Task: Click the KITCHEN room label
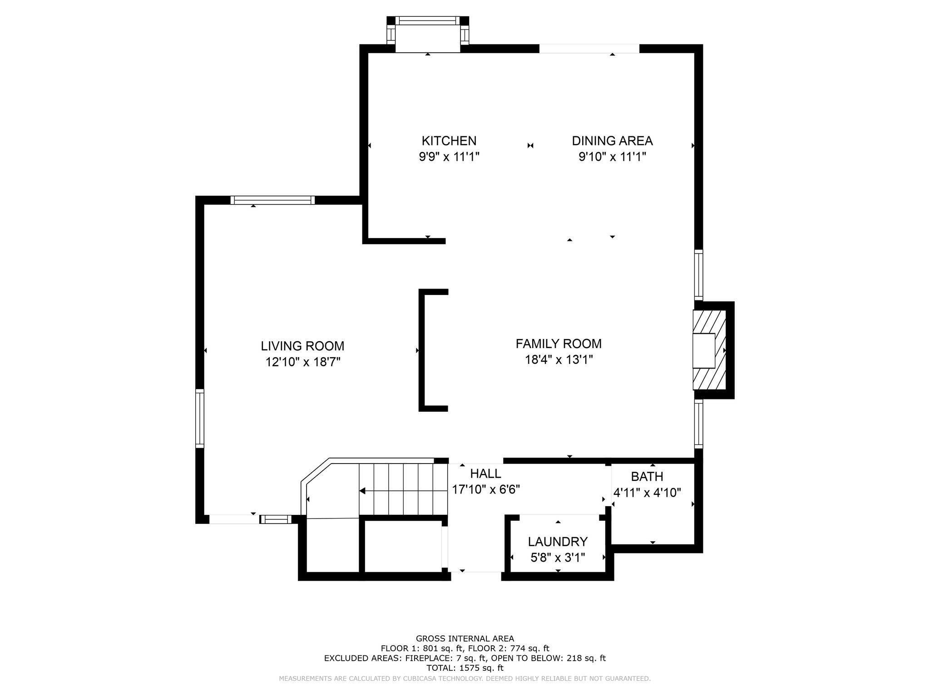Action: pyautogui.click(x=449, y=141)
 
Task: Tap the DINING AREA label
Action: pyautogui.click(x=612, y=141)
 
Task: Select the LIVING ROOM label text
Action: pyautogui.click(x=302, y=346)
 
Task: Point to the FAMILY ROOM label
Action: pyautogui.click(x=559, y=344)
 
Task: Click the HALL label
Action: pyautogui.click(x=485, y=474)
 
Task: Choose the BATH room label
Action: pyautogui.click(x=647, y=477)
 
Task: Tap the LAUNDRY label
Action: pyautogui.click(x=558, y=542)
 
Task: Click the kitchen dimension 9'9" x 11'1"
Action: pyautogui.click(x=449, y=157)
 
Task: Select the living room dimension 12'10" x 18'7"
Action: pyautogui.click(x=303, y=362)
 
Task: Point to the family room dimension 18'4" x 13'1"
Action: pyautogui.click(x=559, y=360)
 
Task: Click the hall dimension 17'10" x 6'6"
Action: pyautogui.click(x=486, y=489)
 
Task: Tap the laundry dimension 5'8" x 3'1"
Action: pyautogui.click(x=558, y=557)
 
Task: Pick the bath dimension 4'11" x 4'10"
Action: pyautogui.click(x=647, y=493)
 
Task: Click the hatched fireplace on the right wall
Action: pyautogui.click(x=709, y=350)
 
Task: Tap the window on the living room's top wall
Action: pyautogui.click(x=272, y=200)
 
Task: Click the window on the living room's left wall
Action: pyautogui.click(x=200, y=418)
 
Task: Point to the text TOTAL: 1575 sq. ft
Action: pyautogui.click(x=465, y=668)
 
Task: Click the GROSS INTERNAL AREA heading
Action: pyautogui.click(x=465, y=638)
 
